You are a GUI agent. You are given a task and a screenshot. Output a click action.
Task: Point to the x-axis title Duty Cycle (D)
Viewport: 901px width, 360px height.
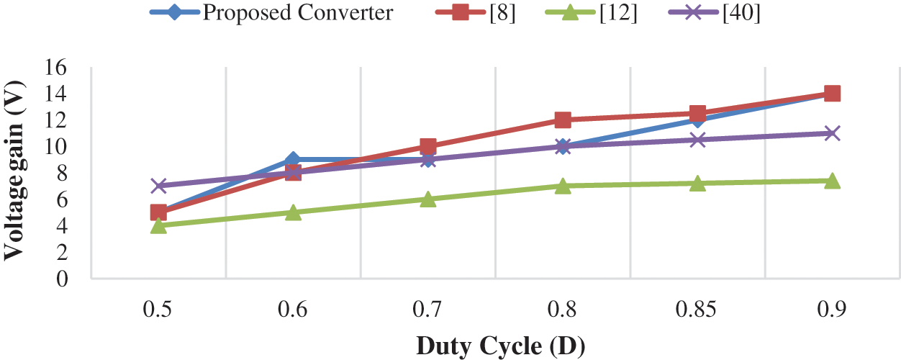[x=500, y=346]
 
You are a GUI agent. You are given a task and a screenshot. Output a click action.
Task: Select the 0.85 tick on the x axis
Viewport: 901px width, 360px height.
[x=697, y=310]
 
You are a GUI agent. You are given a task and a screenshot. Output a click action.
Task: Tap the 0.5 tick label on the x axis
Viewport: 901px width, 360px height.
[x=158, y=310]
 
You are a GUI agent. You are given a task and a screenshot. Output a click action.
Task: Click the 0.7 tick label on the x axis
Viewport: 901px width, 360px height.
[x=427, y=310]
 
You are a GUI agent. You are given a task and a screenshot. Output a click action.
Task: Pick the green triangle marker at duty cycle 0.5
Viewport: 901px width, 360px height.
[x=158, y=225]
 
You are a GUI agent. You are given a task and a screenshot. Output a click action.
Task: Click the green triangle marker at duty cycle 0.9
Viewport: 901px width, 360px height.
[x=833, y=181]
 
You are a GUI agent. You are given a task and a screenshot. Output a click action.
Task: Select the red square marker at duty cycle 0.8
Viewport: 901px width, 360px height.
[x=563, y=120]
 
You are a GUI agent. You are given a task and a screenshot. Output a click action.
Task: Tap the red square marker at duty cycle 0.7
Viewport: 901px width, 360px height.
[x=427, y=146]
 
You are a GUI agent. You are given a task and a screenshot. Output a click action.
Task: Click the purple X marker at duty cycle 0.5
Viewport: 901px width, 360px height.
[x=158, y=186]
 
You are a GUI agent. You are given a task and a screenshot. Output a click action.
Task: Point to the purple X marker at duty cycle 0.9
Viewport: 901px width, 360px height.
[x=833, y=133]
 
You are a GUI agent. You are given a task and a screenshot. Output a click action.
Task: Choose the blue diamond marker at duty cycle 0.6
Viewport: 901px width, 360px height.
[x=293, y=159]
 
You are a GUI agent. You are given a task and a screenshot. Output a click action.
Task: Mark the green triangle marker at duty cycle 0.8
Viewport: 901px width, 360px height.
[x=563, y=186]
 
